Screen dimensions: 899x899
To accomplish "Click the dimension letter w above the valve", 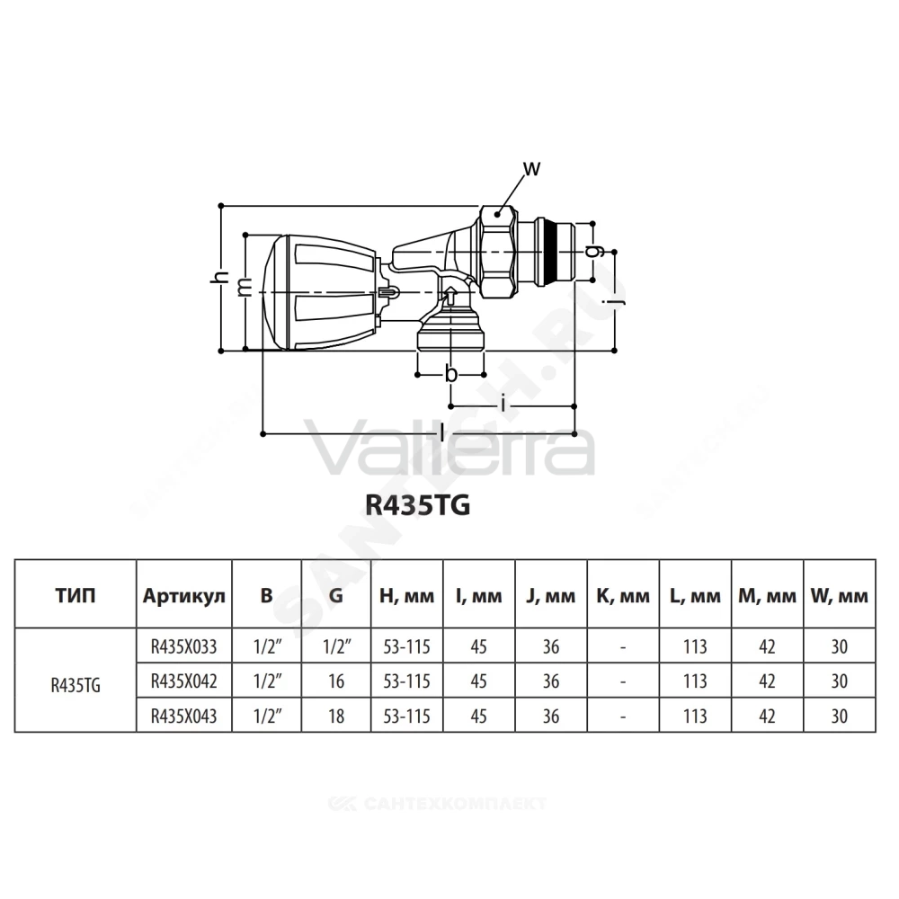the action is (x=531, y=169).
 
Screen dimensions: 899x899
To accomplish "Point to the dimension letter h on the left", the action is (x=219, y=278).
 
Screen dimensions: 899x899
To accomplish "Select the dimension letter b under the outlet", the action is (x=452, y=374).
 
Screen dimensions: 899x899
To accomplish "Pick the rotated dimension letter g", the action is (x=594, y=251).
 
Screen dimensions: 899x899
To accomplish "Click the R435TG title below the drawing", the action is (x=418, y=505).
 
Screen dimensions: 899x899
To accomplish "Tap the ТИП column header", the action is (x=76, y=596).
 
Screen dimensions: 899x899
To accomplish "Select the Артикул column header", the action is (x=184, y=597).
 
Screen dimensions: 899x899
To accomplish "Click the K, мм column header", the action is (x=623, y=596).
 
